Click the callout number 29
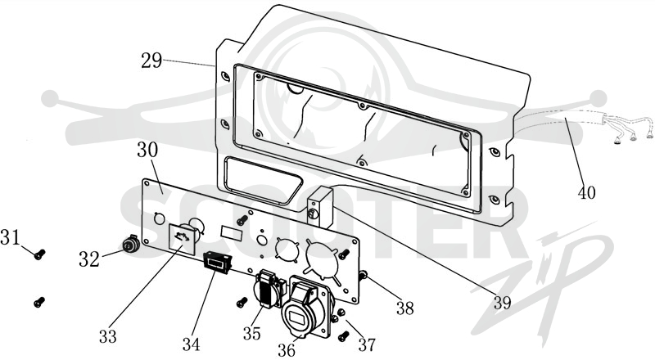(x=151, y=61)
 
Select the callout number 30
(x=147, y=150)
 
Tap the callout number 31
(x=10, y=237)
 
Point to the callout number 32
(x=89, y=259)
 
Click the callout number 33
(x=108, y=335)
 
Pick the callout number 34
(x=191, y=344)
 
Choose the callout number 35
(x=252, y=333)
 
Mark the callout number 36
(x=287, y=350)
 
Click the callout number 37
(x=367, y=344)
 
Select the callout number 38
(x=404, y=308)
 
